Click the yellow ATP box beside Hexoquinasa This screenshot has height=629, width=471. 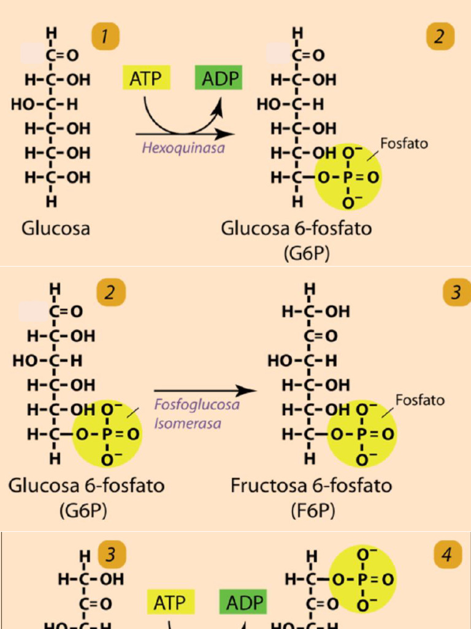(146, 79)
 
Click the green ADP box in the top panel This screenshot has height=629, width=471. (218, 79)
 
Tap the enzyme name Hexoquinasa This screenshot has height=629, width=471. (183, 148)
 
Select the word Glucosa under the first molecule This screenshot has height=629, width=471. (56, 229)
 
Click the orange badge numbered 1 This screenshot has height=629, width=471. (104, 37)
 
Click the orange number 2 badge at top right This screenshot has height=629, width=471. (440, 37)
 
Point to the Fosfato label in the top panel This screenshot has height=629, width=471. (404, 143)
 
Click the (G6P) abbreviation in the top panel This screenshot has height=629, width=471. (307, 254)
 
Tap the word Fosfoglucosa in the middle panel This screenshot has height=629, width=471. (196, 405)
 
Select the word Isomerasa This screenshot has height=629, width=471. (187, 423)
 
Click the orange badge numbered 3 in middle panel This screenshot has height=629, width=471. (456, 292)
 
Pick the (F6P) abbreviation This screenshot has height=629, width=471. (313, 510)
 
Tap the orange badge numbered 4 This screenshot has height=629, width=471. (448, 556)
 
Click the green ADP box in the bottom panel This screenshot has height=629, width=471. (243, 603)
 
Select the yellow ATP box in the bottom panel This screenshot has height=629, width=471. (170, 603)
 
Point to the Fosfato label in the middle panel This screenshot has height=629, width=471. (419, 400)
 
